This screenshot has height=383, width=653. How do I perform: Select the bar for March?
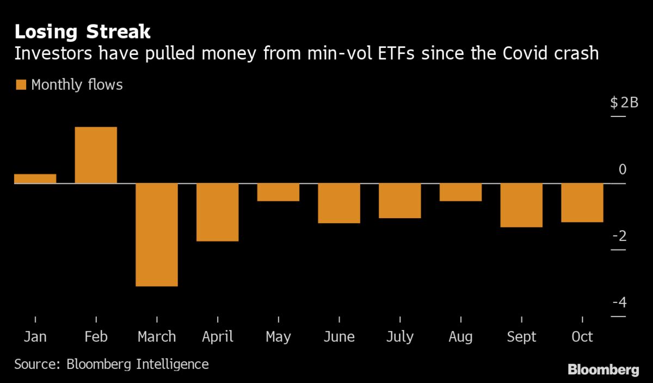[x=157, y=234]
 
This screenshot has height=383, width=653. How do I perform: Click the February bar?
[x=96, y=155]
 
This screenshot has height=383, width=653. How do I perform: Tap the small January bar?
[x=35, y=178]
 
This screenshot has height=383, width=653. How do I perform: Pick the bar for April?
[x=217, y=212]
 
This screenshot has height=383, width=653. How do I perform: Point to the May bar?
[x=278, y=192]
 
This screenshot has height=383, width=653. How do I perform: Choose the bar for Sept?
[x=521, y=205]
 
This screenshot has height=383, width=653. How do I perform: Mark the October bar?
[x=582, y=202]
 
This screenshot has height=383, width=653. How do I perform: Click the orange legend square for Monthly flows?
[x=21, y=85]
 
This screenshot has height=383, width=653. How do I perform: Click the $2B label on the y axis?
[x=624, y=102]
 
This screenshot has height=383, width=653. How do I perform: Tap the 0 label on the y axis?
[x=623, y=169]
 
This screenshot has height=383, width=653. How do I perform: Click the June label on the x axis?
[x=339, y=337]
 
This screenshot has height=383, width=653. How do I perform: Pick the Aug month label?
[x=460, y=337]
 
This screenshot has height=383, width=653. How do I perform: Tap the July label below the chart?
[x=399, y=337]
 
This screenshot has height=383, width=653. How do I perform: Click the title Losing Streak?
[x=82, y=32]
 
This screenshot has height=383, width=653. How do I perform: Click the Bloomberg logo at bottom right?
[x=603, y=370]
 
